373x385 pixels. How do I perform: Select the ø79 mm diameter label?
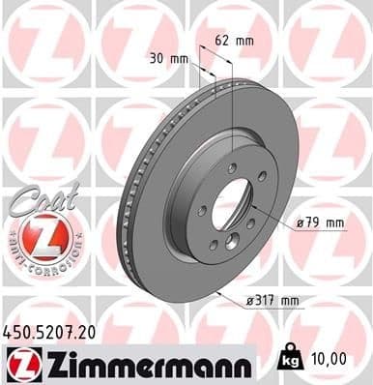click(x=320, y=223)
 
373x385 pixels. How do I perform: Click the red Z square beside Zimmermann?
click(x=18, y=364)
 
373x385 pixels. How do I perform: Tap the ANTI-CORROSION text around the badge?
click(x=39, y=262)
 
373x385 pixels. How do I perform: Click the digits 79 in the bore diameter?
click(x=311, y=223)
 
